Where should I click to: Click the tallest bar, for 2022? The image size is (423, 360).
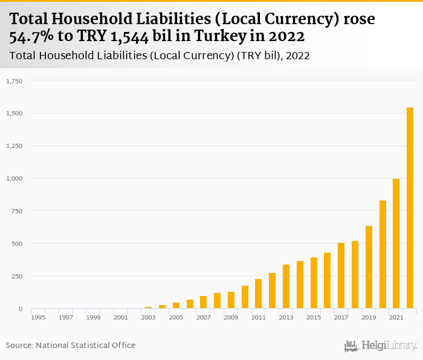[410, 208]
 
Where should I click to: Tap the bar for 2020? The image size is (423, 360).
[383, 254]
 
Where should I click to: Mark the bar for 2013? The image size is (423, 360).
[286, 286]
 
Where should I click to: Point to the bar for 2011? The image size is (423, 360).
[259, 294]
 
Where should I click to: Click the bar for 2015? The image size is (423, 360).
[314, 283]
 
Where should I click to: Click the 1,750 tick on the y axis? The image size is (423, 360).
[14, 80]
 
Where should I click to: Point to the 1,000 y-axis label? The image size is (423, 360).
[14, 178]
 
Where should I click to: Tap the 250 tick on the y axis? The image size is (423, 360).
[16, 276]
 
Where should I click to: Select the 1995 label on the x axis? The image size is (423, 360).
[38, 317]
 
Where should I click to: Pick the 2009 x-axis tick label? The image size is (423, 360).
[230, 317]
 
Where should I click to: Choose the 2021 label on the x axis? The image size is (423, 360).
[396, 317]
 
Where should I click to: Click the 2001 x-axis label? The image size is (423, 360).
[120, 317]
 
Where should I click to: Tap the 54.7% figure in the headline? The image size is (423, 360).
[31, 36]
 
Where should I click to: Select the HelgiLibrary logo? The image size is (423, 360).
[381, 346]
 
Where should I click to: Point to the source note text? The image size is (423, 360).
[71, 345]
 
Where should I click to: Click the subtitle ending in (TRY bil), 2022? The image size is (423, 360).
[160, 56]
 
